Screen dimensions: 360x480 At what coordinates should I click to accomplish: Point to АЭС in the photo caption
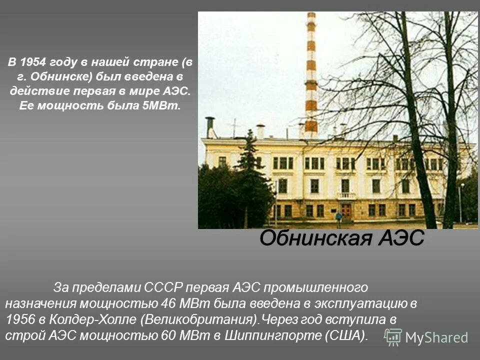tap(400, 239)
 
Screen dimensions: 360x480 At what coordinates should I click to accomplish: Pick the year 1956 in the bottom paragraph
tap(20, 319)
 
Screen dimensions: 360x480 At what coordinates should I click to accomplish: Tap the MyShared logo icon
tap(393, 337)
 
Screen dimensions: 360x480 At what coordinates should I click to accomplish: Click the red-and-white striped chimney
tap(311, 75)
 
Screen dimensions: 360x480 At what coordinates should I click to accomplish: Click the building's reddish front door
tap(346, 210)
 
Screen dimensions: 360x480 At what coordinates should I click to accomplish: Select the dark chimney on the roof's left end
tap(210, 127)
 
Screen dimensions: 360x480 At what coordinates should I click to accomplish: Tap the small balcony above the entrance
tap(346, 195)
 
